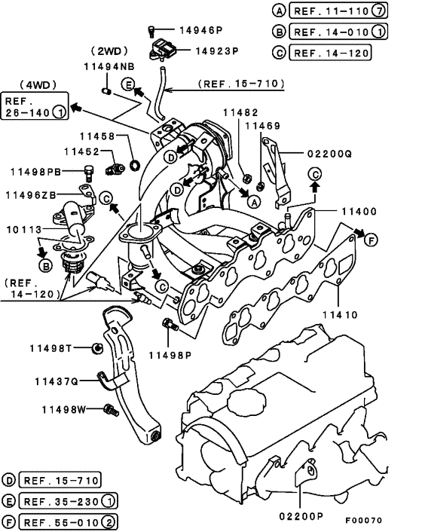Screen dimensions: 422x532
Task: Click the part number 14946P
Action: [x=200, y=30]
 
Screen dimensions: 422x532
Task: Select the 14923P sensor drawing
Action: [x=163, y=50]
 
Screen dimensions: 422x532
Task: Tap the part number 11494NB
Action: [x=109, y=66]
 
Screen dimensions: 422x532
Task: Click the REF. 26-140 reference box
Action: [x=35, y=105]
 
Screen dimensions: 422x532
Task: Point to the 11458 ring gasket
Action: [x=136, y=165]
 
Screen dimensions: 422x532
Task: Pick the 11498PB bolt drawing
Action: [x=89, y=173]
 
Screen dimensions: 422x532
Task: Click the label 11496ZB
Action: [x=31, y=195]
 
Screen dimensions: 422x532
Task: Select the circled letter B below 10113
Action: [x=46, y=266]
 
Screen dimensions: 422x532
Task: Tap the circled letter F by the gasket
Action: [x=371, y=240]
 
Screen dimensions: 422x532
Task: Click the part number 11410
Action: [x=340, y=315]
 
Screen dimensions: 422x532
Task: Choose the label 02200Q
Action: [x=330, y=154]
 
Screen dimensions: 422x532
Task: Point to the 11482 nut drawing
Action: [x=248, y=178]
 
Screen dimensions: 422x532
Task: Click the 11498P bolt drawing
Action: [x=170, y=324]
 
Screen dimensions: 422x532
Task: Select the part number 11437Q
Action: [x=57, y=382]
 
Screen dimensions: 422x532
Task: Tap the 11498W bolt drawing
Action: [x=112, y=410]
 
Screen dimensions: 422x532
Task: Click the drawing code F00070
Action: [x=364, y=520]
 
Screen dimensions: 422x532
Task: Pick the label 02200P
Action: [x=301, y=516]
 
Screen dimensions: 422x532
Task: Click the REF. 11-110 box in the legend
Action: [x=338, y=11]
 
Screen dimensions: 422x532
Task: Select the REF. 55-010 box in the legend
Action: [x=68, y=522]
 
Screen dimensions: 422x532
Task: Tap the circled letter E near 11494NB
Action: [x=128, y=84]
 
